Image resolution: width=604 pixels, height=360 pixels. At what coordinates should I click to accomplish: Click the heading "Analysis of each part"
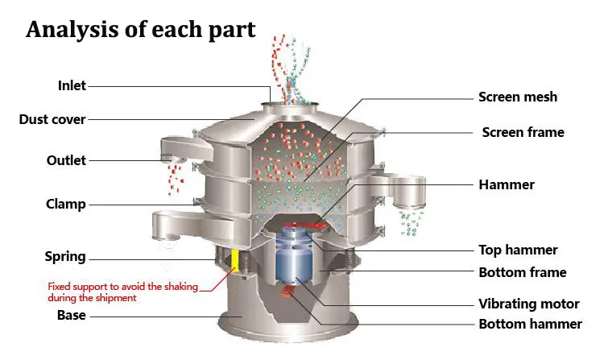point(141,30)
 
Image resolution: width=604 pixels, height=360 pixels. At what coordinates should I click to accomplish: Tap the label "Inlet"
point(72,85)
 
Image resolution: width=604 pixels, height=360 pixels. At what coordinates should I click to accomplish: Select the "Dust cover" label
point(52,119)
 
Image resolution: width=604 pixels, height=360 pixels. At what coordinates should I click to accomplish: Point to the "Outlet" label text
point(66,160)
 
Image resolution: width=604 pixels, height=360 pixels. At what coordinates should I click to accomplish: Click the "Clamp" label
point(65,204)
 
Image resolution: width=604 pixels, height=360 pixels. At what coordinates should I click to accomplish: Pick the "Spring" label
point(65,257)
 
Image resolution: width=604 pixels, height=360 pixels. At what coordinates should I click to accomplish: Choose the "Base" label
point(71,315)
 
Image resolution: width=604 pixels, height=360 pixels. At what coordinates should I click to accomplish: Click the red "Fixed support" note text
point(123,292)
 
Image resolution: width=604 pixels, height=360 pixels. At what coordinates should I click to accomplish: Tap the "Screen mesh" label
point(518,97)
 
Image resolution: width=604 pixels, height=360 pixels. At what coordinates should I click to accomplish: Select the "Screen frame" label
point(523,132)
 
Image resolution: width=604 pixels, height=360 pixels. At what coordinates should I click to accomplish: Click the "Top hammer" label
point(518,250)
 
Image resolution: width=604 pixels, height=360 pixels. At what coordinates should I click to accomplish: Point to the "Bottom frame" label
point(523,272)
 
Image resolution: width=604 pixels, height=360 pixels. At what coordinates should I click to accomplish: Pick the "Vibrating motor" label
point(529,304)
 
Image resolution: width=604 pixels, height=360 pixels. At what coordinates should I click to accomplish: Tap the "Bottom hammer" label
point(530,324)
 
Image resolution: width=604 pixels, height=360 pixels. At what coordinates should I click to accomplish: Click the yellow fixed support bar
point(234,261)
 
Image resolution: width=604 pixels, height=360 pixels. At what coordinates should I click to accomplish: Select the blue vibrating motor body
point(294,254)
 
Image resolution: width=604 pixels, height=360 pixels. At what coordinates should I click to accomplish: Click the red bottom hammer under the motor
point(288,292)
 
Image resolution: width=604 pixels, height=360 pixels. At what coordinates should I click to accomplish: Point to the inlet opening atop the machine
point(290,105)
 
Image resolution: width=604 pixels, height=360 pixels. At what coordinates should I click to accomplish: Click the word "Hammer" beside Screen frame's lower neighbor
point(507,184)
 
